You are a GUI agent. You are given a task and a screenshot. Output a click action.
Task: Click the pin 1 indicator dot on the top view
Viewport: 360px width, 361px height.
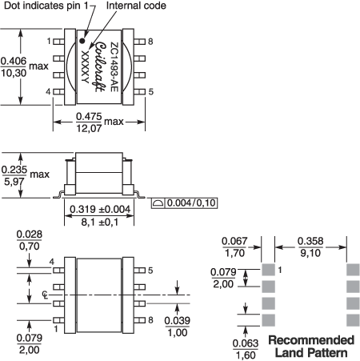click(82, 41)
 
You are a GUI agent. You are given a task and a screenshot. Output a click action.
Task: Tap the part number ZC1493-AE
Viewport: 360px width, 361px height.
click(114, 67)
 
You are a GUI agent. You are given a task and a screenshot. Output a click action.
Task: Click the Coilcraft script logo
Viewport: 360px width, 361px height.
click(100, 67)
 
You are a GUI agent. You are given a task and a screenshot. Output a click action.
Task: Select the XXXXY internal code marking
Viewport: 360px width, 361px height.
click(85, 66)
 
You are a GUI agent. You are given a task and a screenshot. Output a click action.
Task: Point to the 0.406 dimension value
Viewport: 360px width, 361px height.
click(14, 61)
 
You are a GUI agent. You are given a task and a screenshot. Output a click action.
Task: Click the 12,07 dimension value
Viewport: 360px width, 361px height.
click(89, 128)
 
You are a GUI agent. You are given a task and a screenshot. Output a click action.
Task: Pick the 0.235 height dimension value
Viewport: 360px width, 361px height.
click(14, 170)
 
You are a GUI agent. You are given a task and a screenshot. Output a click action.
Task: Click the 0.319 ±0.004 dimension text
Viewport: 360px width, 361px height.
click(100, 209)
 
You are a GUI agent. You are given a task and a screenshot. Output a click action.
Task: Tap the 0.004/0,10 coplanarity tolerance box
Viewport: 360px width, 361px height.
click(184, 203)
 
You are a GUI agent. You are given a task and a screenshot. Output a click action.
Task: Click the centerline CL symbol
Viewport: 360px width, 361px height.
click(46, 295)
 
